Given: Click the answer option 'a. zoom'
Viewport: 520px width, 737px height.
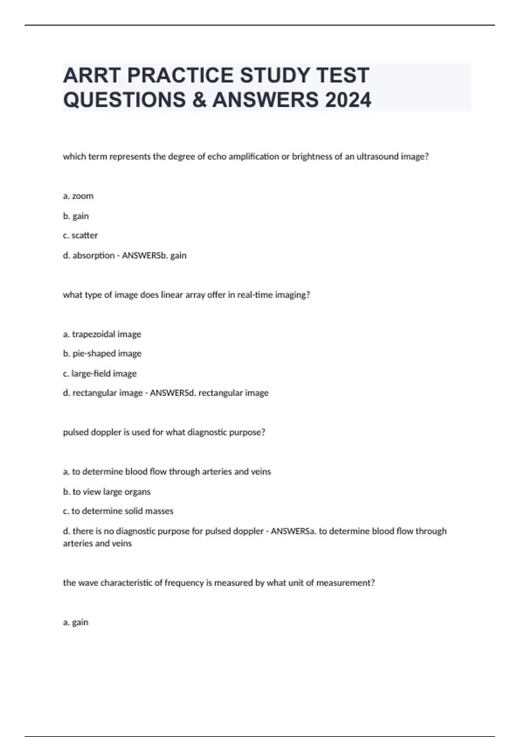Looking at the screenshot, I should click(78, 196).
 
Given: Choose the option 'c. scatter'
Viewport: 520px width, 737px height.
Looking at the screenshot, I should click(80, 235).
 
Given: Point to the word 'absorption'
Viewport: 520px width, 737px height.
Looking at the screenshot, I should click(93, 255).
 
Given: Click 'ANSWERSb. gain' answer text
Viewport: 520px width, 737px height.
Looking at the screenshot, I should click(154, 255).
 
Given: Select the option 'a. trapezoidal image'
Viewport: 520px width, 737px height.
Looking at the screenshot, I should click(102, 334).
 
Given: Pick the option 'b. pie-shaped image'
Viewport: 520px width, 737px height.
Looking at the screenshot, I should click(102, 354).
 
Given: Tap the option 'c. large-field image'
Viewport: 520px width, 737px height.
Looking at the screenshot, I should click(100, 373).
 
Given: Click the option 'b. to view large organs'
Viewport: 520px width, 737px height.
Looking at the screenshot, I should click(107, 492).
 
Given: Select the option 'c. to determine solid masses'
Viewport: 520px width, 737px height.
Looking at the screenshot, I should click(118, 511).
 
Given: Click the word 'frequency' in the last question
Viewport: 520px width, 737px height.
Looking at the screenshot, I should click(184, 583).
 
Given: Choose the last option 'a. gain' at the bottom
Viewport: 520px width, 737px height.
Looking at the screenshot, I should click(75, 622).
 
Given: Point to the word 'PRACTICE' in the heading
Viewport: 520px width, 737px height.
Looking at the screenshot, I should click(181, 75).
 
